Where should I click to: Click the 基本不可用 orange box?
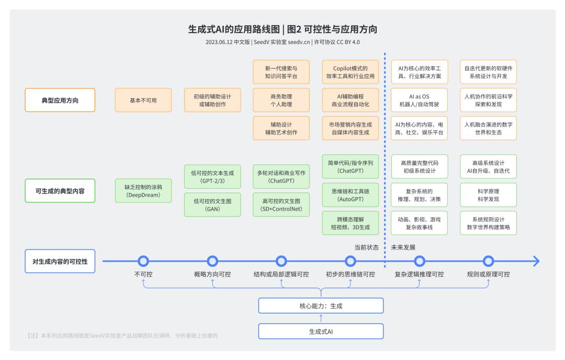143,100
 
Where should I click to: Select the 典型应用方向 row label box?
60,100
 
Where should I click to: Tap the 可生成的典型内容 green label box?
60,191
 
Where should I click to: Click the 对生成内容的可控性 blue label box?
60,261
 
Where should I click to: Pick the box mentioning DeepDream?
143,191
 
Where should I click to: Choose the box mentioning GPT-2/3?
212,177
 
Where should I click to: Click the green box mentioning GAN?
212,205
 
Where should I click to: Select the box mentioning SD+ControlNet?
281,205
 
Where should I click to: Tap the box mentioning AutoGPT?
351,195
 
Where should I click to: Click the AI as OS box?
420,100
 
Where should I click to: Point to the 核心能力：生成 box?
321,306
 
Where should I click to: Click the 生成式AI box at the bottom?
321,331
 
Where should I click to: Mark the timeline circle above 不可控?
143,261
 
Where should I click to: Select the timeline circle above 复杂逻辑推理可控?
420,261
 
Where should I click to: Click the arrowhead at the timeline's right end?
536,261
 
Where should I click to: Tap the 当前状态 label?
366,248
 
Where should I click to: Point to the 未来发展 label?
403,248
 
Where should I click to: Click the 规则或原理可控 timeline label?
489,274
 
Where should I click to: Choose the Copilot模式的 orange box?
351,72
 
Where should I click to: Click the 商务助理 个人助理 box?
281,100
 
